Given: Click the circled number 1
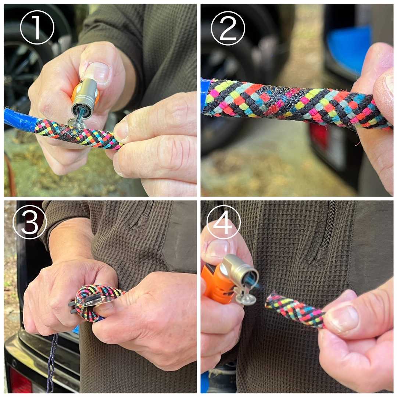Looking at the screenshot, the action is click(37, 27).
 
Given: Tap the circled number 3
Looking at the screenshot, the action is click(30, 222).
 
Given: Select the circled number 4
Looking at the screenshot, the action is click(223, 222).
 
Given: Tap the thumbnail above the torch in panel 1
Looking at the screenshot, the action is click(96, 72).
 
